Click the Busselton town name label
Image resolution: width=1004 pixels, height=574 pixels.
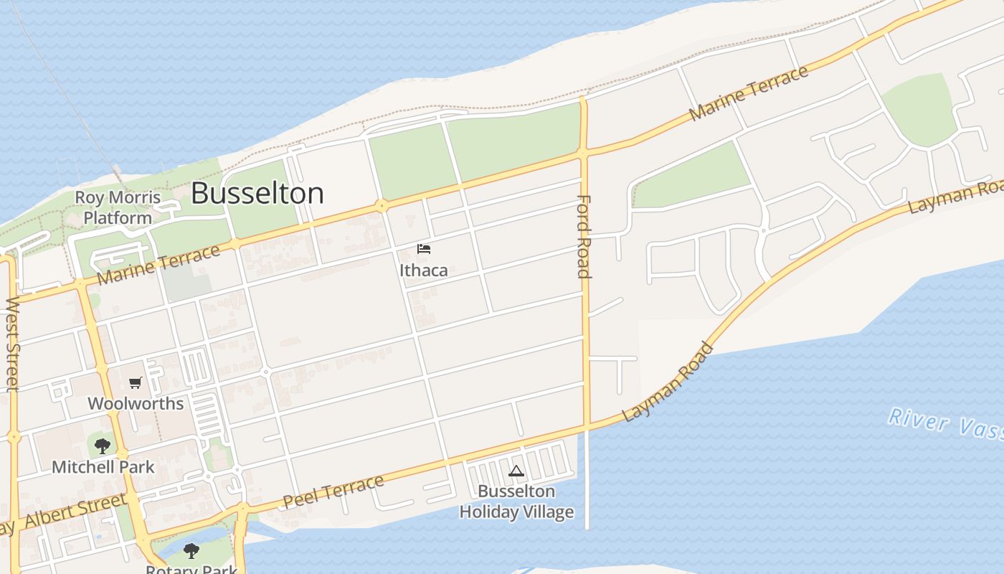pos(257,194)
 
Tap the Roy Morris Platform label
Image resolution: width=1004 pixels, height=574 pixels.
pos(118,207)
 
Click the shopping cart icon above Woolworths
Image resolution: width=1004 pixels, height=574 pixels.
pos(135,383)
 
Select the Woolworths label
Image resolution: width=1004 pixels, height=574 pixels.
pos(136,403)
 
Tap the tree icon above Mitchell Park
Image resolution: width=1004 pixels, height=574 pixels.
pos(103,446)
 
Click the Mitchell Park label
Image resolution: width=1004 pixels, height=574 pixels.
pos(103,467)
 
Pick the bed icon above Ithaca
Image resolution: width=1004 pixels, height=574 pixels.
pos(424,249)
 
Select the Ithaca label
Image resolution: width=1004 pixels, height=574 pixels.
pos(424,270)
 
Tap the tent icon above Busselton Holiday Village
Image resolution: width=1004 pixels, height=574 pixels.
pos(516,471)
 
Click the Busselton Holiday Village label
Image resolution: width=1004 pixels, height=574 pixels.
pos(516,502)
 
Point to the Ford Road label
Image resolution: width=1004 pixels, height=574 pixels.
pos(584,236)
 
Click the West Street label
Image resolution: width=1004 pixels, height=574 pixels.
pos(12,344)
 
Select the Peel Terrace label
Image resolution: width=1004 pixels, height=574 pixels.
pos(333,491)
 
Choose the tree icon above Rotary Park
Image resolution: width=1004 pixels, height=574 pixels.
pos(191,551)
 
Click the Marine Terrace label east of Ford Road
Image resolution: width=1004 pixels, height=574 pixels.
pos(749,93)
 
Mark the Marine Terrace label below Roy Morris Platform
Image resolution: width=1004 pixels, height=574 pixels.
pos(158,264)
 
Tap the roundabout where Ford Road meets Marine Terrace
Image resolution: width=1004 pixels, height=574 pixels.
pos(583,153)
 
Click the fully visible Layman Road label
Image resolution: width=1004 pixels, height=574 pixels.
pos(668,382)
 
